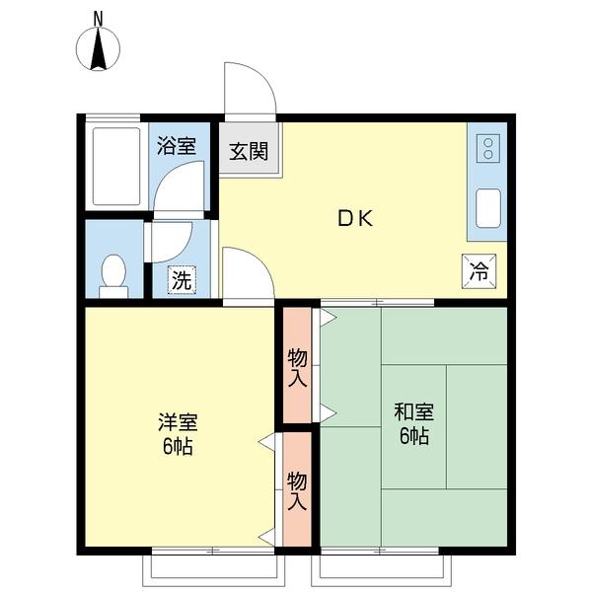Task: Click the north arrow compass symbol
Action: pos(98,49)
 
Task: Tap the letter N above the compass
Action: pos(98,19)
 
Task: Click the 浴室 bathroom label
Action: pos(177,145)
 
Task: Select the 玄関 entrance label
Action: pos(249,151)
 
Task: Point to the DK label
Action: pos(355,218)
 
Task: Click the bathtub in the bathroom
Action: pos(116,166)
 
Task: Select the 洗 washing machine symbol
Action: pos(182,280)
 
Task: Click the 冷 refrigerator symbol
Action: pos(479,271)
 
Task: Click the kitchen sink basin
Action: pos(488,208)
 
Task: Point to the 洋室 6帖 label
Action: pos(178,434)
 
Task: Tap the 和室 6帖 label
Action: pos(413,423)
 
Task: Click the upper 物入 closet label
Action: pos(298,368)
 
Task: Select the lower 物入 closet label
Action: pos(297,490)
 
